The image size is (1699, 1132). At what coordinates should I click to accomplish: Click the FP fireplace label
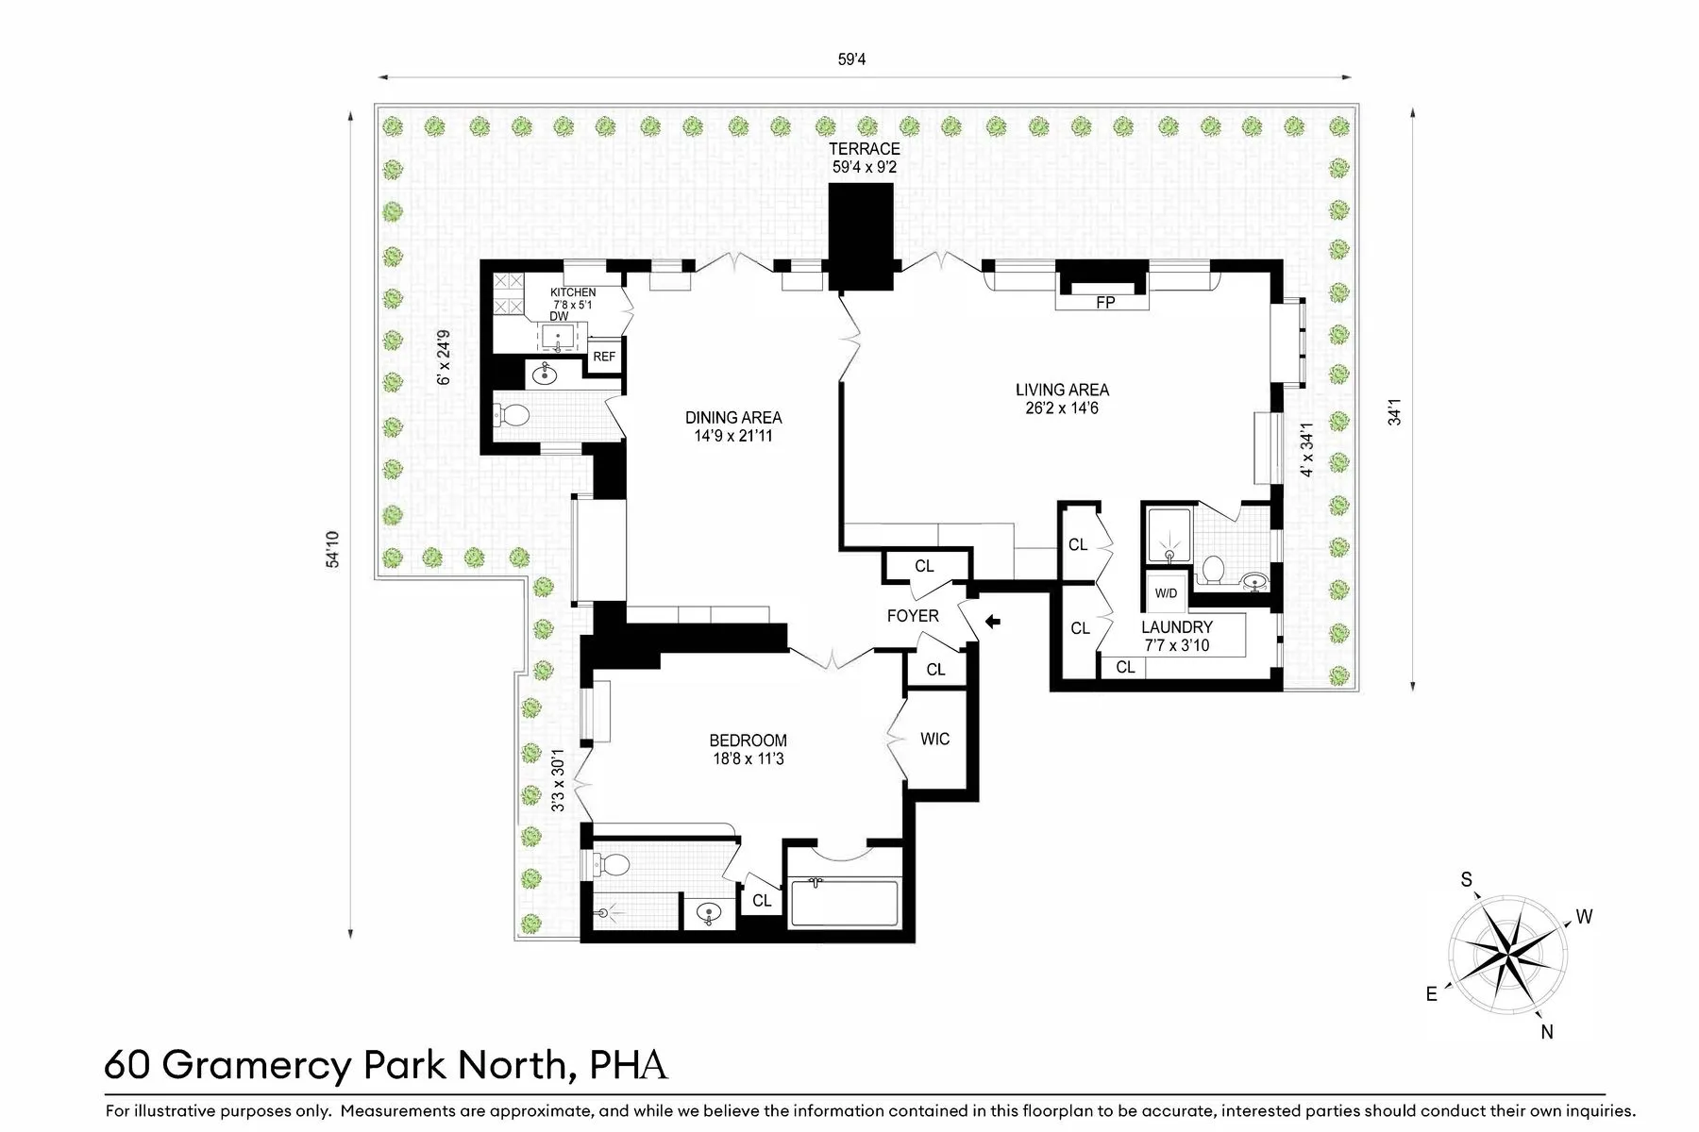tap(1104, 303)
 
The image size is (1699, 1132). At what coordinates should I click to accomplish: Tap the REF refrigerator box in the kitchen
tap(604, 357)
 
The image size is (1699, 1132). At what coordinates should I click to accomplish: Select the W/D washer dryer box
tap(1166, 593)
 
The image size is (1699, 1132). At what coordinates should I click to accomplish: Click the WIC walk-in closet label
tap(934, 739)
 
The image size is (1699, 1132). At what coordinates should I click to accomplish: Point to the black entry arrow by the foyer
tap(992, 622)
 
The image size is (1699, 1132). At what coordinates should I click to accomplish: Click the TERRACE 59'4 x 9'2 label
tap(864, 158)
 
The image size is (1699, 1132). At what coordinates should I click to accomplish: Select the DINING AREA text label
tap(733, 418)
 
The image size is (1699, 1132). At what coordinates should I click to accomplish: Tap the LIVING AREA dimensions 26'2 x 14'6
tap(1062, 408)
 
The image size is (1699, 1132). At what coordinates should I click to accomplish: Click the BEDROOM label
tap(748, 741)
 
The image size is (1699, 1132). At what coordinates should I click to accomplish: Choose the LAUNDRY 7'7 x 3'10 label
tap(1176, 636)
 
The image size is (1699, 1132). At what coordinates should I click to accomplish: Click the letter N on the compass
tap(1546, 1032)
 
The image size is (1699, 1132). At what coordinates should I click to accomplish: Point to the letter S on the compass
tap(1466, 880)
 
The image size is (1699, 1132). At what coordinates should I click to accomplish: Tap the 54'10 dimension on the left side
tap(332, 549)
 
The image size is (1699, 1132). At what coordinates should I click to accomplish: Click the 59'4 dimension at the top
tap(851, 59)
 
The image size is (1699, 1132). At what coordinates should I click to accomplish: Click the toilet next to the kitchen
tap(514, 414)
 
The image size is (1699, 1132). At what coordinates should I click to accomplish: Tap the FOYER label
tap(912, 616)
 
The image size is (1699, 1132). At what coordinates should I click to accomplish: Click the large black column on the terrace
tap(861, 236)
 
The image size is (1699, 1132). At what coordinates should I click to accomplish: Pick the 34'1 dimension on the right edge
tap(1394, 411)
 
